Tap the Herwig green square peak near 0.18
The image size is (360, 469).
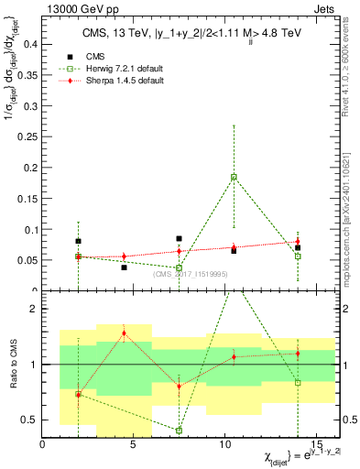(234, 177)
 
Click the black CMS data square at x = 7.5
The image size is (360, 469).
(180, 238)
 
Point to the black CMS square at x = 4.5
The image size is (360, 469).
(124, 267)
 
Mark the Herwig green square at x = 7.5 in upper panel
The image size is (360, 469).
(180, 267)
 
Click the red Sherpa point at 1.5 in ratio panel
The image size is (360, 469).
(124, 333)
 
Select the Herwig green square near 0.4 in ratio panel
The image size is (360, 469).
(180, 430)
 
